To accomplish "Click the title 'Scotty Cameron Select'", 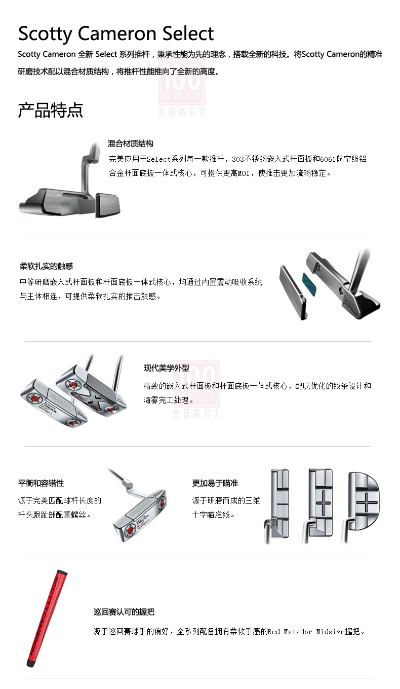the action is pyautogui.click(x=116, y=34).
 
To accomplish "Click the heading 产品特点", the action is pyautogui.click(x=51, y=110).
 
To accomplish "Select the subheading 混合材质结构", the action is pyautogui.click(x=130, y=143).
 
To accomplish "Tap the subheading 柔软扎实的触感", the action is pyautogui.click(x=47, y=266).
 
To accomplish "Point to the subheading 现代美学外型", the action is pyautogui.click(x=166, y=368).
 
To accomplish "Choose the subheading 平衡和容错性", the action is pyautogui.click(x=41, y=483).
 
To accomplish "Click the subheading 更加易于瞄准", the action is pyautogui.click(x=215, y=483).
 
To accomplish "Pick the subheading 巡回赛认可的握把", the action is pyautogui.click(x=124, y=612).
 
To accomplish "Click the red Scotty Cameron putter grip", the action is pyautogui.click(x=47, y=618).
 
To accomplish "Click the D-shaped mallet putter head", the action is pyautogui.click(x=364, y=501).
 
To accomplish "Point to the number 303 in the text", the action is pyautogui.click(x=238, y=159).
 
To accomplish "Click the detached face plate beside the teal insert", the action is pyautogui.click(x=293, y=293).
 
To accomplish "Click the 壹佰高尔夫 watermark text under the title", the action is pyautogui.click(x=182, y=112).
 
